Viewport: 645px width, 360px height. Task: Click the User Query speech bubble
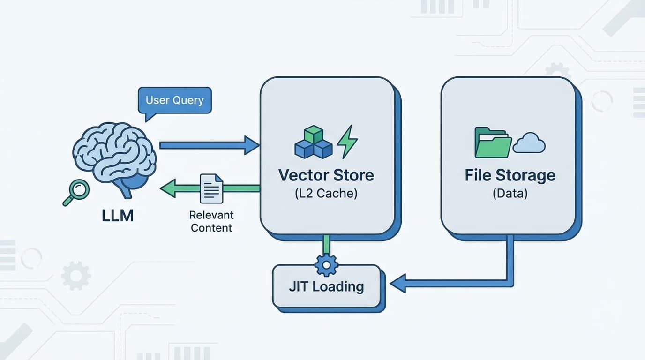pyautogui.click(x=174, y=100)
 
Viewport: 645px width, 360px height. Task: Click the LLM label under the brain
pyautogui.click(x=118, y=215)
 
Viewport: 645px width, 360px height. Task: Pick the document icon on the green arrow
pyautogui.click(x=211, y=188)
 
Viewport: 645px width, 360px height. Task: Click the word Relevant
pyautogui.click(x=211, y=215)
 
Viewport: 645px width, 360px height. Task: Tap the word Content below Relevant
pyautogui.click(x=211, y=228)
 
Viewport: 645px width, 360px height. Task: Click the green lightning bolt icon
pyautogui.click(x=347, y=142)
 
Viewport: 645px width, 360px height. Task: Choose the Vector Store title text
pyautogui.click(x=326, y=175)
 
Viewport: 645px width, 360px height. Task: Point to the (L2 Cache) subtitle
pyautogui.click(x=326, y=193)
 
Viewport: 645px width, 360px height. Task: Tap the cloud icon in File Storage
pyautogui.click(x=529, y=143)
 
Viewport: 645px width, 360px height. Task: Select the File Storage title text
pyautogui.click(x=510, y=175)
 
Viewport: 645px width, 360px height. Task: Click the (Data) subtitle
pyautogui.click(x=510, y=193)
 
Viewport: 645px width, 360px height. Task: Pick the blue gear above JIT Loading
pyautogui.click(x=326, y=265)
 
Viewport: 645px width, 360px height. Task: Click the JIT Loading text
pyautogui.click(x=326, y=286)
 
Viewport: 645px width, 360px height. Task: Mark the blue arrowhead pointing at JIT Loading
pyautogui.click(x=398, y=284)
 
